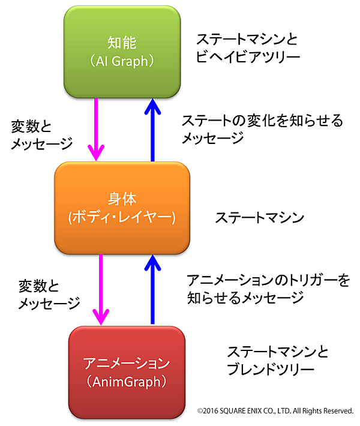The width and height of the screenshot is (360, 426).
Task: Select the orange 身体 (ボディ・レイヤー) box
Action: (122, 208)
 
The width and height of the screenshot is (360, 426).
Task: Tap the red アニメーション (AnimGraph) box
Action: (127, 372)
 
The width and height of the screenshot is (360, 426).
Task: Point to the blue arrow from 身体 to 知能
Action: (152, 129)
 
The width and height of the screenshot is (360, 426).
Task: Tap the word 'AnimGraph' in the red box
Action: (126, 381)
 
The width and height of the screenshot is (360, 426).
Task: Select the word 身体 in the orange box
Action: (122, 199)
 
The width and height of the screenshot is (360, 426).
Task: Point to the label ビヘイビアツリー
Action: (248, 58)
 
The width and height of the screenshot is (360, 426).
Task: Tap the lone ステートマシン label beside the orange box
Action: (260, 218)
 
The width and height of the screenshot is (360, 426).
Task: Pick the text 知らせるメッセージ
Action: (245, 297)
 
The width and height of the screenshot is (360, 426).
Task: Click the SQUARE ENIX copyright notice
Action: (275, 411)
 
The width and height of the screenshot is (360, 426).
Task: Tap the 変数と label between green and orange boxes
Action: (31, 127)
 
